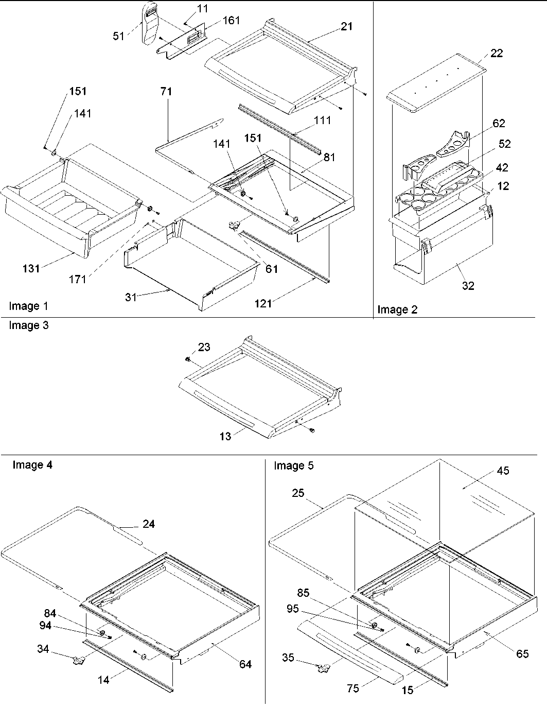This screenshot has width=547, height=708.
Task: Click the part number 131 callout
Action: [x=31, y=268]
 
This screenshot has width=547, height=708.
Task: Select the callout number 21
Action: [x=347, y=26]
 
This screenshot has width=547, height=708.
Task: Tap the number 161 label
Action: [x=231, y=21]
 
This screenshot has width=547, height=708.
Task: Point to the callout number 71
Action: [x=166, y=92]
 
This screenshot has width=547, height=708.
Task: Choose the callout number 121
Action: [x=263, y=304]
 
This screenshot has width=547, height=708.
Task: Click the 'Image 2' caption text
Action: [x=397, y=309]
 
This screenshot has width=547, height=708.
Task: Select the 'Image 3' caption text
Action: [x=28, y=325]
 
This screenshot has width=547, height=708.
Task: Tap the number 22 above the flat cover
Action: [x=497, y=53]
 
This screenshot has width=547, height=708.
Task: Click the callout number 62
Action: [x=499, y=123]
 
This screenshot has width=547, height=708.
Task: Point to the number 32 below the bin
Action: [x=468, y=286]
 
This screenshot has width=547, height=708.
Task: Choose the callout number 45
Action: [x=503, y=471]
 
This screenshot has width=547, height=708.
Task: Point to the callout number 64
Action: [x=245, y=664]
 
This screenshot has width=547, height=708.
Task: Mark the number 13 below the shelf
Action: [x=225, y=436]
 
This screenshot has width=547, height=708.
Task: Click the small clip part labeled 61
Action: [x=235, y=226]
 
